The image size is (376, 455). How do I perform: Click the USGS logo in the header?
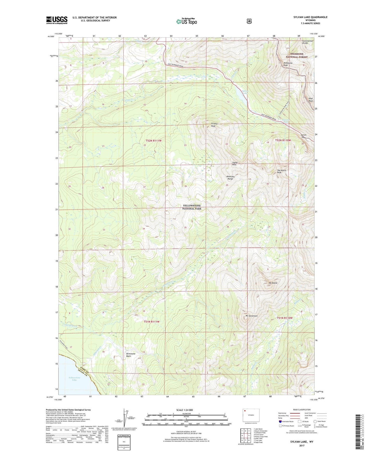(57, 20)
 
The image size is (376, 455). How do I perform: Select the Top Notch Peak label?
(281, 171)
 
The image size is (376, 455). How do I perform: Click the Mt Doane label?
(273, 283)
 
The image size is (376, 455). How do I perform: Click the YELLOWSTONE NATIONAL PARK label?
(192, 207)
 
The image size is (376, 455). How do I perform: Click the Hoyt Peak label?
(311, 100)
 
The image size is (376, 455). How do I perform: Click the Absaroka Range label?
(230, 178)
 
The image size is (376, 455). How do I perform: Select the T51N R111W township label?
(151, 321)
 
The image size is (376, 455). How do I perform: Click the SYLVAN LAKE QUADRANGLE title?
(310, 17)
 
